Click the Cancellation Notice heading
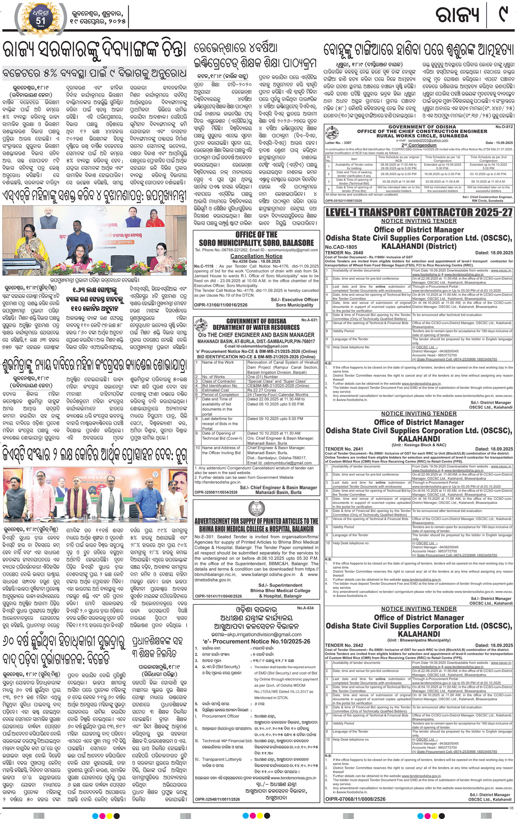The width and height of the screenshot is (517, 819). [x=256, y=256]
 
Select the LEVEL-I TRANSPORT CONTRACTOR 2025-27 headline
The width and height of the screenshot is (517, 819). [x=419, y=212]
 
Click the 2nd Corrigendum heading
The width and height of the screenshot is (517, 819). [x=419, y=145]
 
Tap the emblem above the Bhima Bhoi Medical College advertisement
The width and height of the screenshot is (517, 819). [x=256, y=508]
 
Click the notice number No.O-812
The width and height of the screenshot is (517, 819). [x=504, y=127]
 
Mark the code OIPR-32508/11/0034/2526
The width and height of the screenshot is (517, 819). [x=216, y=492]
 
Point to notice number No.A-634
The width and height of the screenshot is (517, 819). [x=305, y=608]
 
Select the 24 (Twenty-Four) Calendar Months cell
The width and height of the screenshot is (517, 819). [x=278, y=394]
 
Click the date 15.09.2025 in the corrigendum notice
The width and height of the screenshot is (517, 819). [x=504, y=143]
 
